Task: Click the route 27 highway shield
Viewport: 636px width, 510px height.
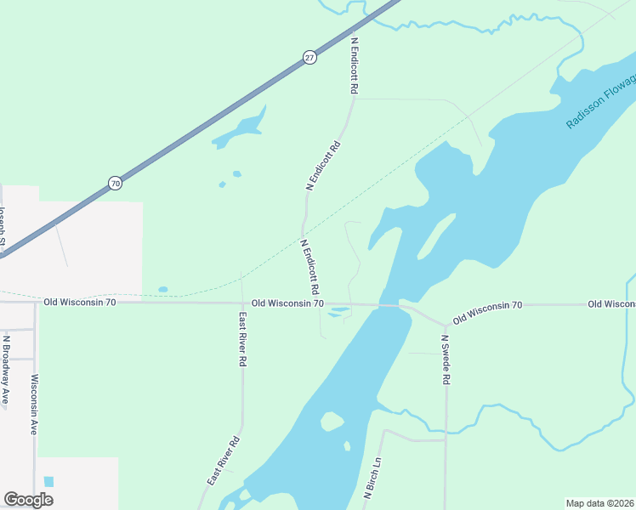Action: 309,58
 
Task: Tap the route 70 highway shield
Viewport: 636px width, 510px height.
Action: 115,183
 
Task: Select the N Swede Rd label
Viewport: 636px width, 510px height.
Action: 444,360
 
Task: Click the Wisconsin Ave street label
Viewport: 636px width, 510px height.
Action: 35,405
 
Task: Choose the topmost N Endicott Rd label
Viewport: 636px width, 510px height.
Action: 353,64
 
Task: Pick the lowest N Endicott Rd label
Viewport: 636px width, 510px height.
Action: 309,261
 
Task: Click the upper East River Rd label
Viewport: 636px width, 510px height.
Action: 243,339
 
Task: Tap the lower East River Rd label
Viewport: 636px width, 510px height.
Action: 224,461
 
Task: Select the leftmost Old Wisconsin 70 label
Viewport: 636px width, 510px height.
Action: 79,302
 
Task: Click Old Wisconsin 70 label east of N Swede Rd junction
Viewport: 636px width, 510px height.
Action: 487,312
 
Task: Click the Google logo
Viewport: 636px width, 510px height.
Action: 28,500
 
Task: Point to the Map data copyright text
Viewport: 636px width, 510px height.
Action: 599,502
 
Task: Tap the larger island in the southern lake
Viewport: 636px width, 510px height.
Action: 332,421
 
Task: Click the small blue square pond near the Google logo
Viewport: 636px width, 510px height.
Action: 48,481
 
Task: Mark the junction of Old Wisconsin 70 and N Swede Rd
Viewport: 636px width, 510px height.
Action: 446,326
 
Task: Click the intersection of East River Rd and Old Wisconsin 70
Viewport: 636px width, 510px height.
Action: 242,303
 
